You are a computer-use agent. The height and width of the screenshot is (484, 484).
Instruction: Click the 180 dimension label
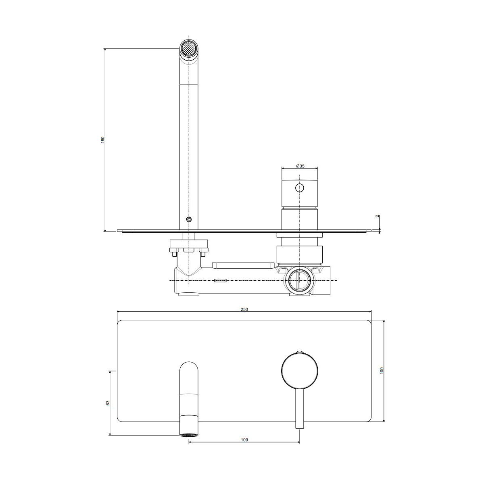[x=102, y=140]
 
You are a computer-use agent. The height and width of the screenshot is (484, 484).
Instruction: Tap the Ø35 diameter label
[x=300, y=166]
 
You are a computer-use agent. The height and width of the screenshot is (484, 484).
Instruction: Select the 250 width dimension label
[x=244, y=309]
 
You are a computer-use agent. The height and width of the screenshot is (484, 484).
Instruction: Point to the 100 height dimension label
[x=382, y=371]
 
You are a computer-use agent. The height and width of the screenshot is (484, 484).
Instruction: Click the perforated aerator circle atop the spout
[x=189, y=48]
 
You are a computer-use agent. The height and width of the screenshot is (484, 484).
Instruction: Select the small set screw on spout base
[x=189, y=219]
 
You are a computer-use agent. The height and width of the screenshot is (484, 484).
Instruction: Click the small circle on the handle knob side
[x=299, y=188]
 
